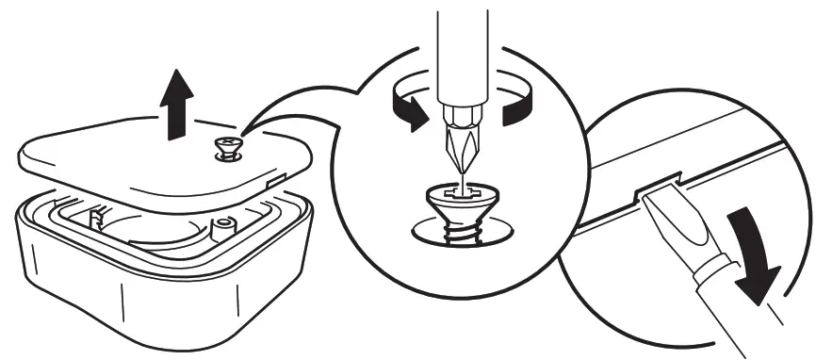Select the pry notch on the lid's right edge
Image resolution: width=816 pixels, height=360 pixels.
point(275,174)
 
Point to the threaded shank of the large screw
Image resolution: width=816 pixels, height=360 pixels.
point(464,231)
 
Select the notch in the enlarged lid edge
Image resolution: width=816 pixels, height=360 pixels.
point(660,183)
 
